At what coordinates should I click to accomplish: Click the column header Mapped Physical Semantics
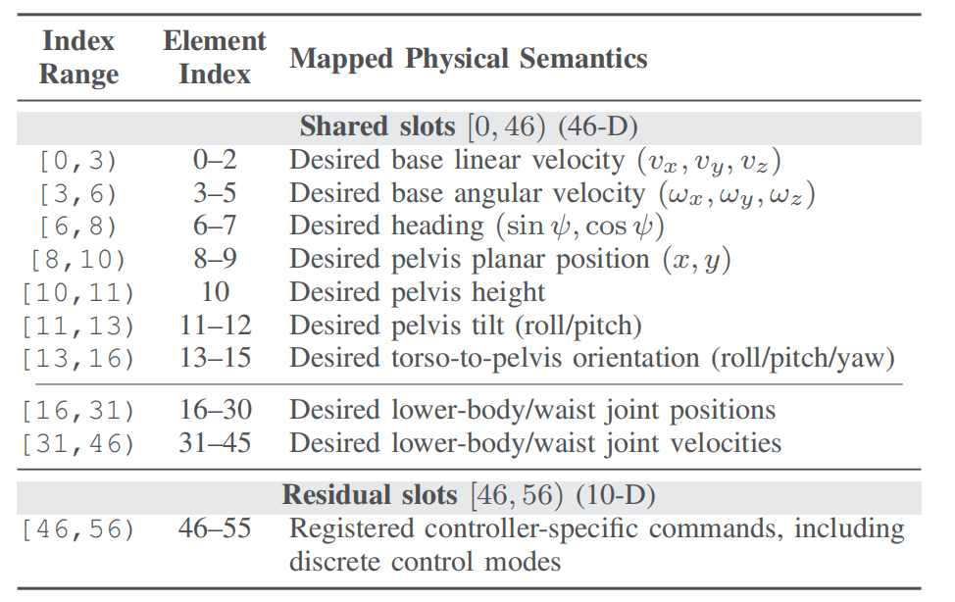tap(468, 59)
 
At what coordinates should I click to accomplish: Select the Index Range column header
tap(78, 57)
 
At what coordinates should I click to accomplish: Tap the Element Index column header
tap(215, 57)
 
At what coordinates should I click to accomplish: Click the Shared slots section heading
tap(469, 126)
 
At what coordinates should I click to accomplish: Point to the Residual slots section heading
tap(469, 495)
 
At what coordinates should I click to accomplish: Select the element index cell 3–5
tap(215, 193)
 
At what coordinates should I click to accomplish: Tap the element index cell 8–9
tap(215, 259)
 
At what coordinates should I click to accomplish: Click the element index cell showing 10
tap(215, 292)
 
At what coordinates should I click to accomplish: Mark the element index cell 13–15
tap(215, 358)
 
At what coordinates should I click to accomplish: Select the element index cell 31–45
tap(215, 443)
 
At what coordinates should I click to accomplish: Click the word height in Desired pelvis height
tap(508, 292)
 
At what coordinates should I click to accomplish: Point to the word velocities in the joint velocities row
tap(726, 443)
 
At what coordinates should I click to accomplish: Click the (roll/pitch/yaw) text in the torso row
tap(803, 358)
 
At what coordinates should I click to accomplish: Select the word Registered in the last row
tap(351, 528)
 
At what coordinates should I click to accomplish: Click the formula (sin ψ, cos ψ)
tap(579, 226)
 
